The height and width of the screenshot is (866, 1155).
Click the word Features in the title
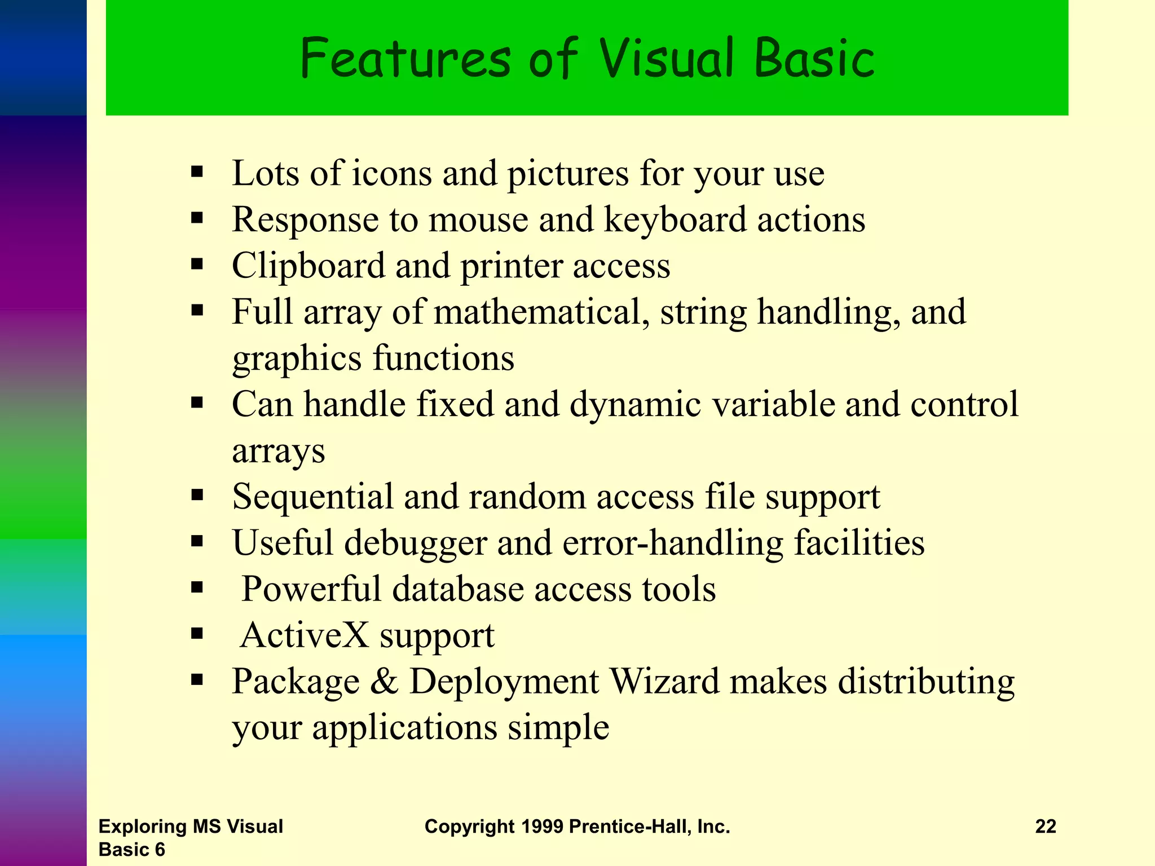[405, 58]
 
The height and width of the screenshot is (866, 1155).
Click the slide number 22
[1045, 827]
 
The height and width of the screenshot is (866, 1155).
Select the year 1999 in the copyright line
[541, 827]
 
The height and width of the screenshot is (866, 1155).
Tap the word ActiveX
[305, 635]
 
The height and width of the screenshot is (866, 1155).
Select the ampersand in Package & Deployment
[384, 682]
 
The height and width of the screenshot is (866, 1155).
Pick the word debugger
[415, 543]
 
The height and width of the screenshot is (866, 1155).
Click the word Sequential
[312, 497]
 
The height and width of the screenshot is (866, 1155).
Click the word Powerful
[311, 589]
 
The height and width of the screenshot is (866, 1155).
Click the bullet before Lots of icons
[196, 171]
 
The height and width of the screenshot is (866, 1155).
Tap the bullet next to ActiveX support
[196, 634]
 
